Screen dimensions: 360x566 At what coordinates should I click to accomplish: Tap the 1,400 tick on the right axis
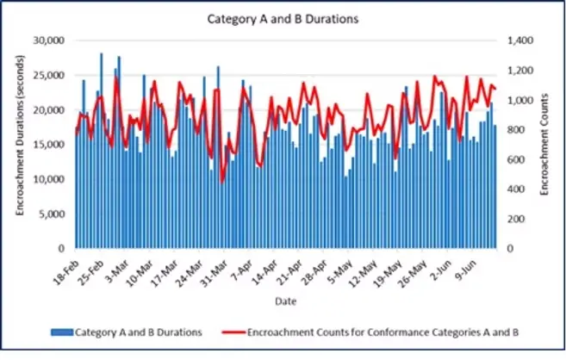pyautogui.click(x=520, y=40)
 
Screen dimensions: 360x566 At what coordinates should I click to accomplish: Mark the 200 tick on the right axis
pyautogui.click(x=516, y=219)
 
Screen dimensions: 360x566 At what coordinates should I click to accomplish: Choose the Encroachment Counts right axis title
pyautogui.click(x=545, y=144)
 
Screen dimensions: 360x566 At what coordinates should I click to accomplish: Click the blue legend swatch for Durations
pyautogui.click(x=61, y=331)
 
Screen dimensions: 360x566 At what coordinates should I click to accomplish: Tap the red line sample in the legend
pyautogui.click(x=232, y=331)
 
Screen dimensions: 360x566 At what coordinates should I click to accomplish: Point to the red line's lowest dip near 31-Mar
pyautogui.click(x=222, y=182)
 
